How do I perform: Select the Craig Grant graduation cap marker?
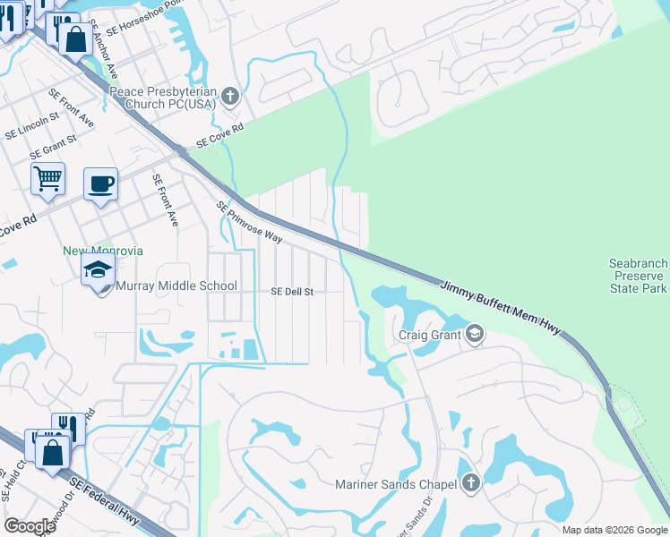pos(474,336)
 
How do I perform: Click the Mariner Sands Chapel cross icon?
pos(470,484)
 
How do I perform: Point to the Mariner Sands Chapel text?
pos(396,485)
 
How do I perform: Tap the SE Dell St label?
pos(292,292)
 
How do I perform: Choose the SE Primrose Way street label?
pos(249,223)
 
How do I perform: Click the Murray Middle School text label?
pos(176,286)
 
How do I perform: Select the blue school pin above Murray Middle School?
pos(98,269)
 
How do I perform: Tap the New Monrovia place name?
pos(102,251)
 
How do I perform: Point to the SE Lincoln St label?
pos(31,127)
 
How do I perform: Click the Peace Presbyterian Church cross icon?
pos(230,97)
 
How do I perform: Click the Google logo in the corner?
pos(30,526)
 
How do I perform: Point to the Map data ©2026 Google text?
pos(614,530)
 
